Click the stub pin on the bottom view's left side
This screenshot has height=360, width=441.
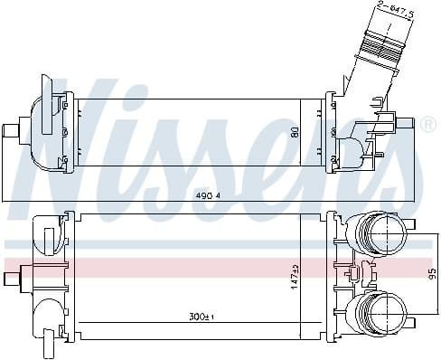pyautogui.click(x=14, y=273)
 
